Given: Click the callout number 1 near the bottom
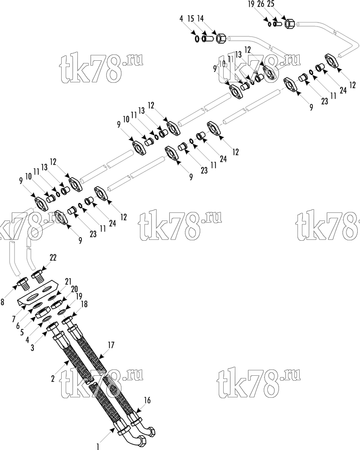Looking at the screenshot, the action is (98, 446).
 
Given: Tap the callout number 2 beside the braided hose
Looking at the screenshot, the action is (53, 379).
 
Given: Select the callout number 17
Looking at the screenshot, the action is (111, 345).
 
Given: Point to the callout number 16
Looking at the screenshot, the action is (147, 400).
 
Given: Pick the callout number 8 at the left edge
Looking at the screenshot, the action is (2, 302).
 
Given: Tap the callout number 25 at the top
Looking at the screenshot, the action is (270, 4).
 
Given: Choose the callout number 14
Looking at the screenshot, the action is (200, 18).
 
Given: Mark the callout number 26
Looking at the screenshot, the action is (261, 4).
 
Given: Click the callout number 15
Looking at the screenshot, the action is (191, 18).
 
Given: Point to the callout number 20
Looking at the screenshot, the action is (74, 289).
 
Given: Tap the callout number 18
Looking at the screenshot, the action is (84, 304).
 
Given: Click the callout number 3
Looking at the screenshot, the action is (32, 347).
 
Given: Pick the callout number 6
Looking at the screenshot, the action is (18, 326).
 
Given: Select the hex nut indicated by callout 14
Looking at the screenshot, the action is (221, 38).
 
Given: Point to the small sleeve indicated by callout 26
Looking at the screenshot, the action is (277, 24).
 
